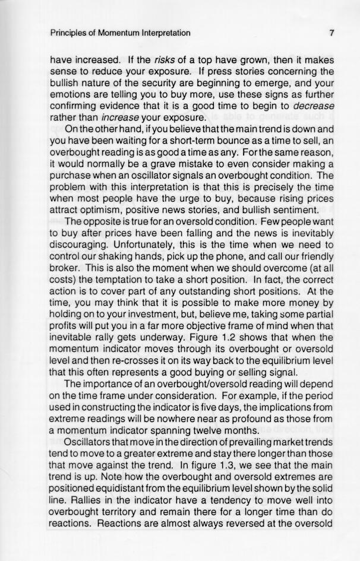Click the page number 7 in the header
[332, 33]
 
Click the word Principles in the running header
[69, 33]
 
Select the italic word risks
[166, 60]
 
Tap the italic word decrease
[314, 106]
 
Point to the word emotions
[69, 94]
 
